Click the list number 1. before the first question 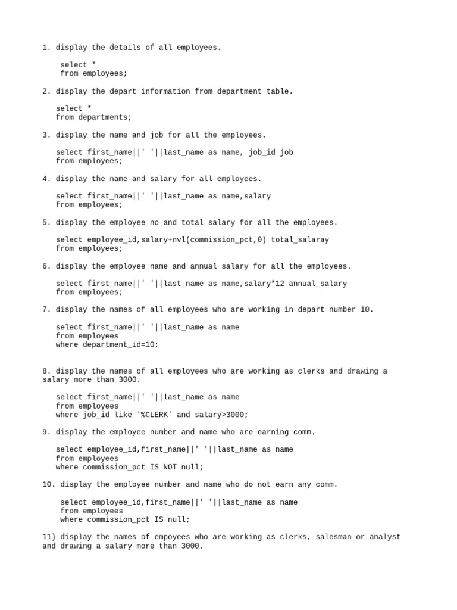point(46,48)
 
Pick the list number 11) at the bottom point(49,537)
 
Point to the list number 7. point(46,310)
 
